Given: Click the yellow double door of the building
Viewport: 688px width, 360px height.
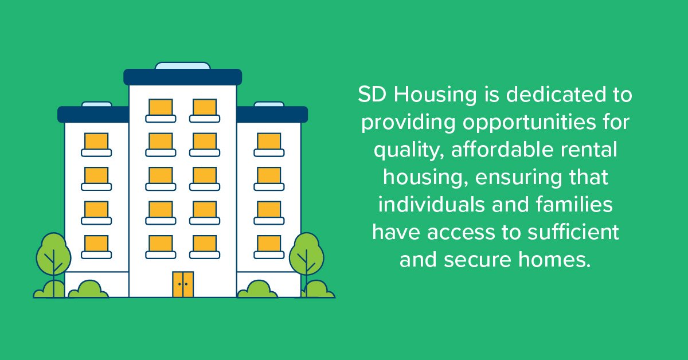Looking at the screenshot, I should [183, 284].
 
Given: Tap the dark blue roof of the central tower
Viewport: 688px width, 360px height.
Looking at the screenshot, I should [183, 77].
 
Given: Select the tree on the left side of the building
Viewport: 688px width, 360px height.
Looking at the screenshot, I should [53, 255].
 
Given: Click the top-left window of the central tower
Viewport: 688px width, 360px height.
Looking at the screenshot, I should [161, 107].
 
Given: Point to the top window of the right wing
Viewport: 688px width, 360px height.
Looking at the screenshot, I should [269, 142].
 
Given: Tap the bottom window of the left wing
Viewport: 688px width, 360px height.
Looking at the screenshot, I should [96, 244].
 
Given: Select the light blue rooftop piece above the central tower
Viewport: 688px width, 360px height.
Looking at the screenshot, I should [183, 65].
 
